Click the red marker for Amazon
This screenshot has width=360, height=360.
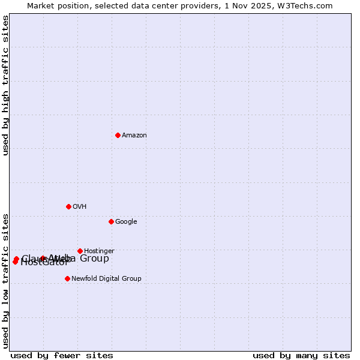(118, 135)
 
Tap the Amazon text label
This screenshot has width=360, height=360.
(134, 136)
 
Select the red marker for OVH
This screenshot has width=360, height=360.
(68, 206)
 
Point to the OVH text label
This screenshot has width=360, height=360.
(79, 207)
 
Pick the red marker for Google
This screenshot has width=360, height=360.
(111, 221)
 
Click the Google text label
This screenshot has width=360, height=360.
(126, 222)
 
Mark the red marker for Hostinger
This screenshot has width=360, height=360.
(80, 251)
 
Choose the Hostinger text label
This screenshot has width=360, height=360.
(99, 251)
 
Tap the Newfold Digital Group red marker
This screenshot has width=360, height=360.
(67, 278)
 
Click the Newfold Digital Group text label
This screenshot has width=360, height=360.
(106, 279)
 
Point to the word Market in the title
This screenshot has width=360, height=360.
(41, 6)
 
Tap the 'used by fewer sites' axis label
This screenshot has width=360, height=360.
(62, 356)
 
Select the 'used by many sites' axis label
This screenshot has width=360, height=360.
(301, 356)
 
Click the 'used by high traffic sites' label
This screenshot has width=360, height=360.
(6, 85)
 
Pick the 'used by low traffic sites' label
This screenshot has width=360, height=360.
(6, 280)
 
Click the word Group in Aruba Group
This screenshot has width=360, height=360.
(95, 259)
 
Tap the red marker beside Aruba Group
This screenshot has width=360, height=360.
(43, 259)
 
